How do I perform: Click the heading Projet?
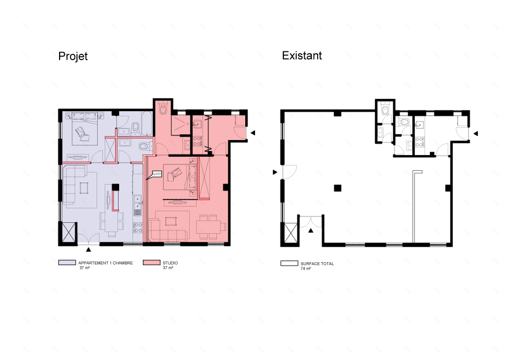click(x=72, y=57)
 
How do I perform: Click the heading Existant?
click(x=302, y=56)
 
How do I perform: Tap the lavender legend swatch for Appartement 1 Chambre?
click(x=64, y=263)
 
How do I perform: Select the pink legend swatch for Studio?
click(x=151, y=263)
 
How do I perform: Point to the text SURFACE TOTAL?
click(x=318, y=263)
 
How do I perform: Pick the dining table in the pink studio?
click(x=208, y=226)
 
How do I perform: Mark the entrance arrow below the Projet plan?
click(x=88, y=249)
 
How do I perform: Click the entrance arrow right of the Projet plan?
click(x=252, y=133)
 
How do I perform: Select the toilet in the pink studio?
click(x=163, y=110)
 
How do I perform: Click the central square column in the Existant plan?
click(x=337, y=187)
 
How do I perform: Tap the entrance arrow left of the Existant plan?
click(x=275, y=172)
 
